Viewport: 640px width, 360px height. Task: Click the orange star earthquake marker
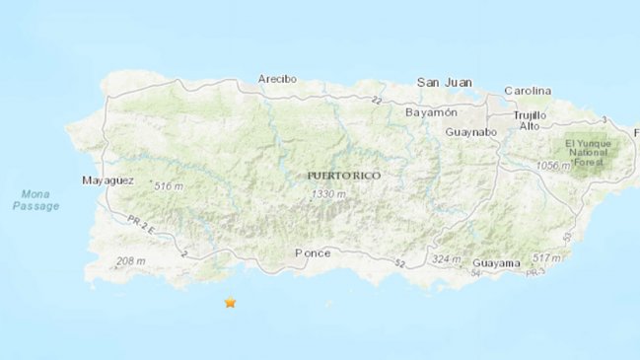[x=230, y=303]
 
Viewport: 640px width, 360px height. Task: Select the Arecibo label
[x=277, y=79]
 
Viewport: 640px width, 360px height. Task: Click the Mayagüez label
[x=107, y=181]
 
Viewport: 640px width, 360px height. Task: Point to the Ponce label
[x=313, y=253]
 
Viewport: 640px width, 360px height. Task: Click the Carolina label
[x=528, y=91]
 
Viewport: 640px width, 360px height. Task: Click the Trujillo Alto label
[x=529, y=120]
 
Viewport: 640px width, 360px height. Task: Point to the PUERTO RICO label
[x=343, y=175]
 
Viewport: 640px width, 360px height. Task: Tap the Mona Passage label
[x=36, y=200]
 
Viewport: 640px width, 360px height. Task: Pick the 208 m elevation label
[x=130, y=261]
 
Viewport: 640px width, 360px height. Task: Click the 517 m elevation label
[x=547, y=258]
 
